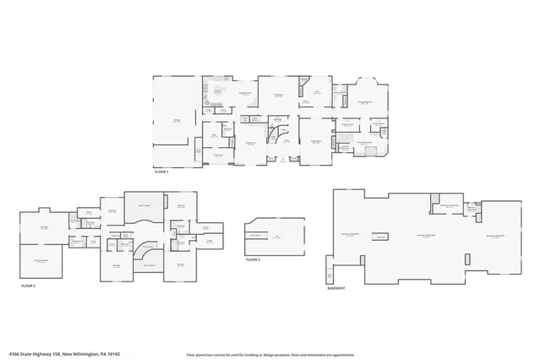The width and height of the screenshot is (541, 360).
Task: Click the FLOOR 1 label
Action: pos(161,172)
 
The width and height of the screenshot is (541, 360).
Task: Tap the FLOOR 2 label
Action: pos(29,286)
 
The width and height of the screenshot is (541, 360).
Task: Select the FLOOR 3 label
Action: pos(253,259)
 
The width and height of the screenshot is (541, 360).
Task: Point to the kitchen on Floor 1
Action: pos(218,93)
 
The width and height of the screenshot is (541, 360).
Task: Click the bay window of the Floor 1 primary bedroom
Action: pos(369,85)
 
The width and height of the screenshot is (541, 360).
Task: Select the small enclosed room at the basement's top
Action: pos(449,206)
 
